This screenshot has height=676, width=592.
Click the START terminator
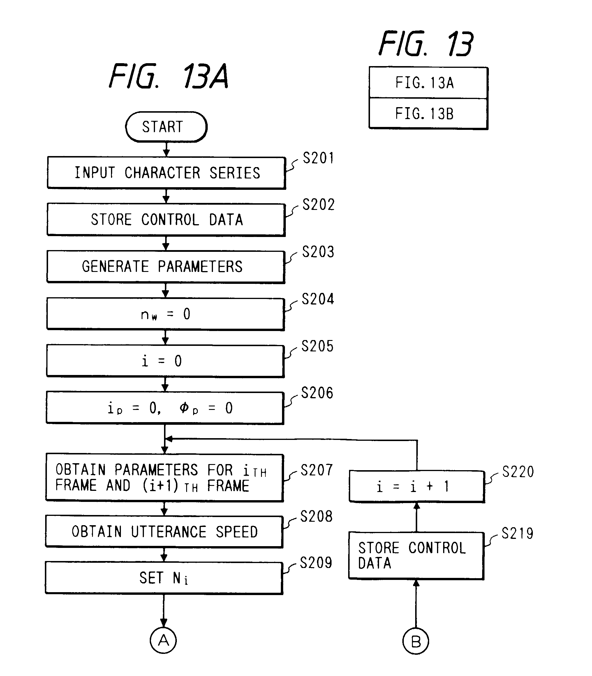click(x=166, y=127)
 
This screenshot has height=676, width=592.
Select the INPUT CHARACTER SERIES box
click(x=166, y=173)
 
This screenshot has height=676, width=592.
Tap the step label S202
click(x=318, y=205)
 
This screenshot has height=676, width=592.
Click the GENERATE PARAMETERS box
click(x=165, y=266)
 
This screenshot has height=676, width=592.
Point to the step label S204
click(x=318, y=299)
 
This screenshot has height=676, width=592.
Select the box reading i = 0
click(x=165, y=361)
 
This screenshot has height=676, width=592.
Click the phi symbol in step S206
click(x=184, y=408)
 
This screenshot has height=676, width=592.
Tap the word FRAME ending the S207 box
click(x=228, y=486)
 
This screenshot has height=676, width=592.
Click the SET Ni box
click(x=164, y=578)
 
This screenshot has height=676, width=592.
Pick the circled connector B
click(x=415, y=641)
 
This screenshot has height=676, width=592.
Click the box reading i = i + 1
click(x=417, y=486)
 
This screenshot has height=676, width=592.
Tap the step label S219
click(x=517, y=533)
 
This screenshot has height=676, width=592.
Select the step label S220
click(x=518, y=472)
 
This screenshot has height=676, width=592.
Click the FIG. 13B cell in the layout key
click(x=428, y=114)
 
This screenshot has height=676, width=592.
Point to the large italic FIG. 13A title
click(x=168, y=77)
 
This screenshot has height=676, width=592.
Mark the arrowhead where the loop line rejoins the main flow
click(x=169, y=439)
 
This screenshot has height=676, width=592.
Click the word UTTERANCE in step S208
click(x=168, y=532)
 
